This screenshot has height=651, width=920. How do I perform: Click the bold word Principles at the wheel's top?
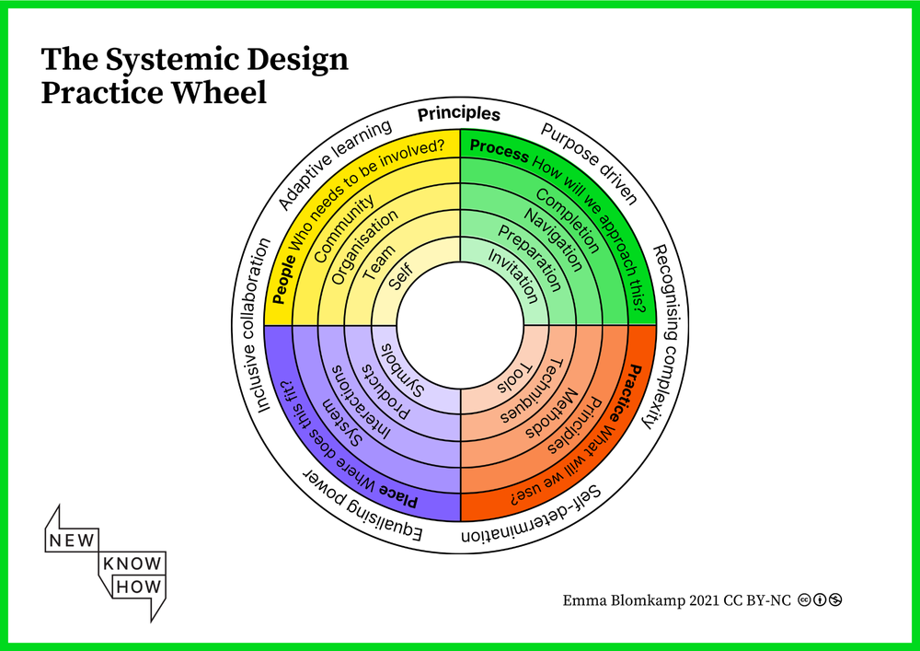[x=459, y=115]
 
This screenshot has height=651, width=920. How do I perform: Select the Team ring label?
[x=379, y=262]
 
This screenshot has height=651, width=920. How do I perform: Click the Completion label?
[x=568, y=225]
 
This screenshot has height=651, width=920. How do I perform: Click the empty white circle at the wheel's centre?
[x=459, y=325]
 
